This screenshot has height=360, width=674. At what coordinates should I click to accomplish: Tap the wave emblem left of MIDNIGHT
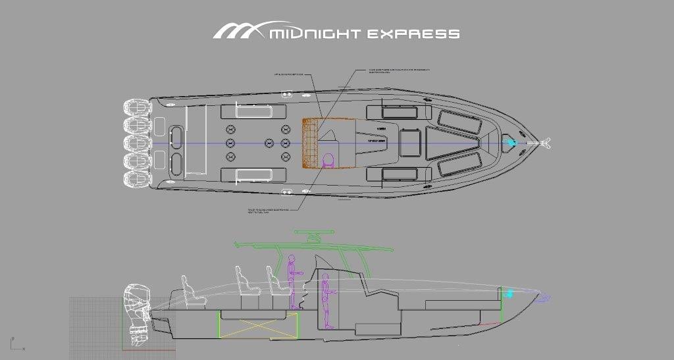tap(238, 30)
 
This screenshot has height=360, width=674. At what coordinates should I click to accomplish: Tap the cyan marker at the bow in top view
tap(510, 141)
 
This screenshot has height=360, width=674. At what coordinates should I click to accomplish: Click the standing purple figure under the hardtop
tap(292, 280)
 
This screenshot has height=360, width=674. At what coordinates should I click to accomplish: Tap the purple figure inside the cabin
tap(324, 296)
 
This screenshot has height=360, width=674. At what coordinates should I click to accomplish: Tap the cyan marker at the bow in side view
tap(507, 294)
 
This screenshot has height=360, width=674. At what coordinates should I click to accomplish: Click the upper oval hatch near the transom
tap(177, 134)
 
